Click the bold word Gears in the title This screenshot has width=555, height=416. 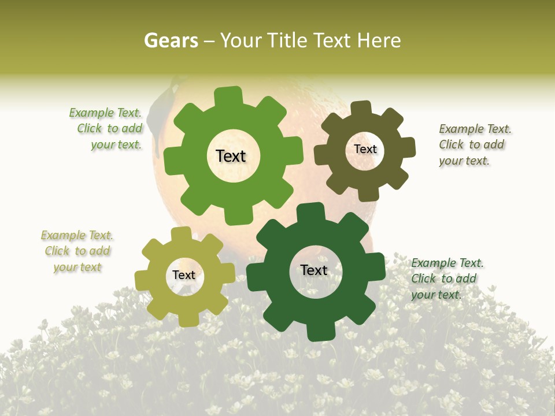[171, 41]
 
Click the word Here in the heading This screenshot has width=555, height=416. [379, 41]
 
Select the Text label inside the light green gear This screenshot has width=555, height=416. [231, 156]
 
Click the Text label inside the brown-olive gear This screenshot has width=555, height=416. [365, 149]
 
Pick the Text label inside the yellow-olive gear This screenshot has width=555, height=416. [184, 275]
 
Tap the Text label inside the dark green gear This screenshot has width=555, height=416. [314, 270]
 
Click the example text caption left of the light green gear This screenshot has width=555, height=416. [106, 129]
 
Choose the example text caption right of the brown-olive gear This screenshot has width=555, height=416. [474, 144]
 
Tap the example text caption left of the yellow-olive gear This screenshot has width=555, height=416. [77, 251]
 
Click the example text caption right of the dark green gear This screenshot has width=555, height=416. [446, 278]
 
